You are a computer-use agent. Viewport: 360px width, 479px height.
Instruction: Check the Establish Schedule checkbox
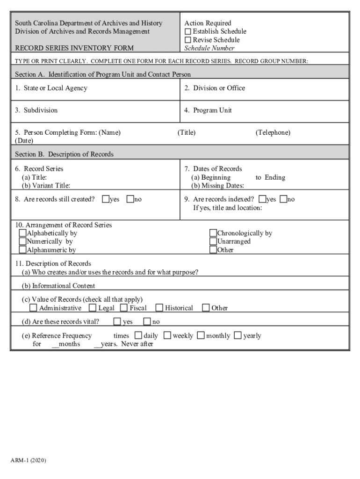188,31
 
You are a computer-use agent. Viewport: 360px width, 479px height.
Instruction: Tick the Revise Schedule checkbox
188,40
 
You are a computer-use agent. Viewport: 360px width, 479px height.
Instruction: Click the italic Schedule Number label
209,48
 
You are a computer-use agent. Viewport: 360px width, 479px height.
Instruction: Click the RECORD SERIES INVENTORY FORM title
74,48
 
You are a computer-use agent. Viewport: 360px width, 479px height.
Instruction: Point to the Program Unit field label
212,110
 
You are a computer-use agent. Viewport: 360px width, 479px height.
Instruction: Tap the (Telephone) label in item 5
273,132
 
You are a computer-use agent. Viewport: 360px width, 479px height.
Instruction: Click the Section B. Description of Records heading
64,154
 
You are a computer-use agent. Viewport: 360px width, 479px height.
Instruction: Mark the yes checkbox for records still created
106,199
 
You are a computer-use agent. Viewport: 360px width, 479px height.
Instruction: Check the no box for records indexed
283,199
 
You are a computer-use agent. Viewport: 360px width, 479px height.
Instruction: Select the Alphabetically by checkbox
22,233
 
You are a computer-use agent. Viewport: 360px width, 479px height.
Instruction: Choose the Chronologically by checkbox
213,233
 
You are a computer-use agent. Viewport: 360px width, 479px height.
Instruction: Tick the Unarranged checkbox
213,241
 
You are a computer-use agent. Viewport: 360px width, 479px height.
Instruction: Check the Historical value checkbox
159,308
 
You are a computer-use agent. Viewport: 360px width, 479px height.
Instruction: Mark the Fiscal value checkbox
124,308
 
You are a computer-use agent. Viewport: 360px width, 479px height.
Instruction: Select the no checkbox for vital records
147,321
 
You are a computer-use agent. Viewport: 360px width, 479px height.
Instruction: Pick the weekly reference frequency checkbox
167,335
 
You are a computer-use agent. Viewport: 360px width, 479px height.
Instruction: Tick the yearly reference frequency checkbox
238,335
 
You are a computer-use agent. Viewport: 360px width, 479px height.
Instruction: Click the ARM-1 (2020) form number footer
29,461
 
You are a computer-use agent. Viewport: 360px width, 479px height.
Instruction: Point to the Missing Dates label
217,186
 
